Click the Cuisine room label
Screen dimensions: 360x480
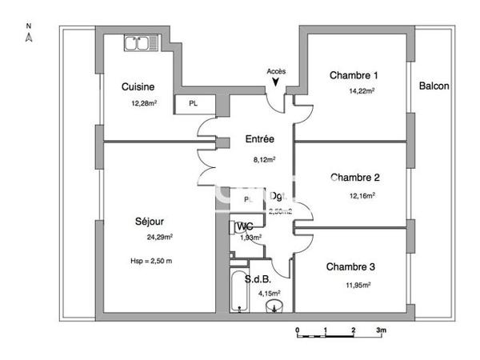(x=138, y=87)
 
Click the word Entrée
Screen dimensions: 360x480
(x=259, y=139)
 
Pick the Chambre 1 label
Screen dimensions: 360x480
(x=354, y=75)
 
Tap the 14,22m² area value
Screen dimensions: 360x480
(x=362, y=91)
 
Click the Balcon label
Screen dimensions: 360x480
(x=434, y=86)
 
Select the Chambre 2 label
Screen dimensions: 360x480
(x=354, y=177)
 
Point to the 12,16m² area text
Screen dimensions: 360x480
(x=362, y=194)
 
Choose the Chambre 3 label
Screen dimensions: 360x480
(x=350, y=266)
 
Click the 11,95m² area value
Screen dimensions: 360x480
(x=357, y=284)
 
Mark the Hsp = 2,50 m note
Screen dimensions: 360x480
(x=151, y=261)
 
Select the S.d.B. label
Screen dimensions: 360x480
(x=269, y=278)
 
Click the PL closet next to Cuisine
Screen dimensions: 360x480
(x=193, y=104)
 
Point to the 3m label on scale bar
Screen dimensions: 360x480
(x=382, y=330)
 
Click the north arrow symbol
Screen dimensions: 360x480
(x=28, y=36)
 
